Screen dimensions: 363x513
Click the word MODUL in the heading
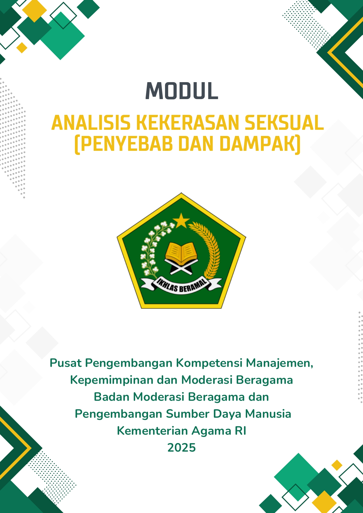[x=182, y=91]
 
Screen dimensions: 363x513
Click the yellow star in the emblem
[x=181, y=221]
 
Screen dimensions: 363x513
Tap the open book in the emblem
[x=181, y=252]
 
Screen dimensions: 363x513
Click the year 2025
[x=181, y=448]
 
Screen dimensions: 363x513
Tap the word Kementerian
[x=153, y=431]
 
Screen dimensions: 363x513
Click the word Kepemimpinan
[x=112, y=380]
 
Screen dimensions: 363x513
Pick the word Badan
[x=112, y=397]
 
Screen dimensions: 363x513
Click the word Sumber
[x=188, y=414]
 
